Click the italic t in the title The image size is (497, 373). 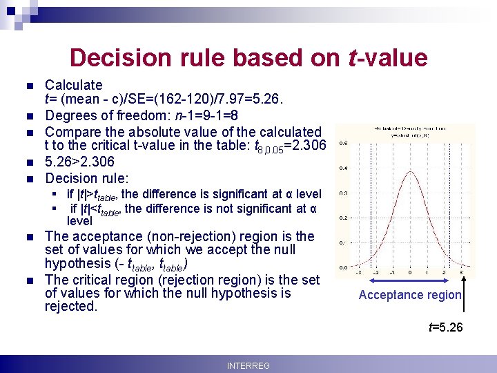coord(354,57)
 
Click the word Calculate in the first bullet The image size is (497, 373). coord(73,85)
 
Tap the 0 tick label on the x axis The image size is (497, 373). coord(410,273)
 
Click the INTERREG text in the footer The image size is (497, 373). coord(248,365)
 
